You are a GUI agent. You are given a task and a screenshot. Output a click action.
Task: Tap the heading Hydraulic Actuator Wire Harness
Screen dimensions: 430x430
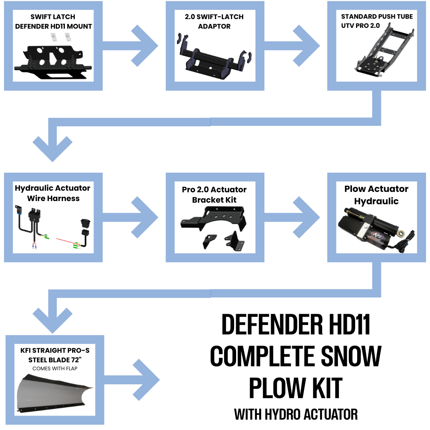(x=53, y=193)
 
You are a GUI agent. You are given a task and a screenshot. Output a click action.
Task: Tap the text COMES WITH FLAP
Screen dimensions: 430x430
(x=55, y=368)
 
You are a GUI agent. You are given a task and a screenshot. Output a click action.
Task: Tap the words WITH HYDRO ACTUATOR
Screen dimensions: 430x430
(x=295, y=414)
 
